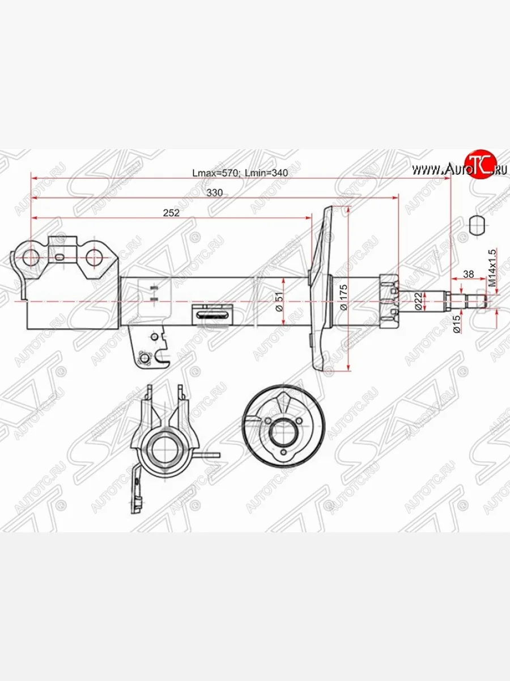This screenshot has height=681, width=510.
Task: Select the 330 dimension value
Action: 214,193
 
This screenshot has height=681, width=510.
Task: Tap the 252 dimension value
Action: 171,213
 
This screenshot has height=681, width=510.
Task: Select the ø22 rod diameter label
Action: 418,301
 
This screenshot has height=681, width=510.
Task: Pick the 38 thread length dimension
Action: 469,274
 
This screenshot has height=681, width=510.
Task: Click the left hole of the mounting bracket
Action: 31,258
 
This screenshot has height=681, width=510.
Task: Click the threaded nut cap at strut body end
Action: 388,301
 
